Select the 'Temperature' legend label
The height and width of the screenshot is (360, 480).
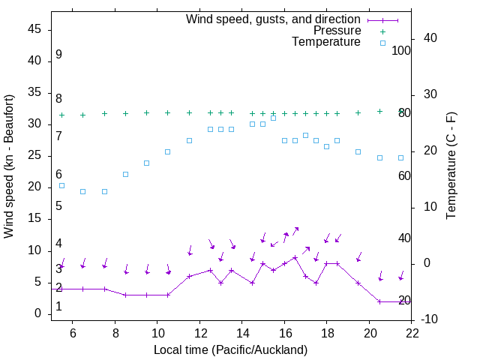coord(326,42)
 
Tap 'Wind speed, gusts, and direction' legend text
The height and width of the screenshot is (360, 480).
coord(273,19)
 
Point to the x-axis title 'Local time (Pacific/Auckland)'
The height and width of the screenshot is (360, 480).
coord(230,350)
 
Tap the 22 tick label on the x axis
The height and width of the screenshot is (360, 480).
coord(412,334)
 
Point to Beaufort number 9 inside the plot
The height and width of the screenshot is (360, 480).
coord(58,55)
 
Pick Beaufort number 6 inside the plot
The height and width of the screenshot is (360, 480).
coord(58,175)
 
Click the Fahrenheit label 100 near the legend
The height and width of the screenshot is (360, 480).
coord(401,50)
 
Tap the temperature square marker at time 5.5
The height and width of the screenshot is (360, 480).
coord(61,185)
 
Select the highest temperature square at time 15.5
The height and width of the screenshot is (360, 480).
coord(274,118)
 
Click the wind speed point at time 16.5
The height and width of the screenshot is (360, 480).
coord(295,257)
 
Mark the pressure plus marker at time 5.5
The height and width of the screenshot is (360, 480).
coord(61,115)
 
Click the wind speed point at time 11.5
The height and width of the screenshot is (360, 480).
coord(189,276)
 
